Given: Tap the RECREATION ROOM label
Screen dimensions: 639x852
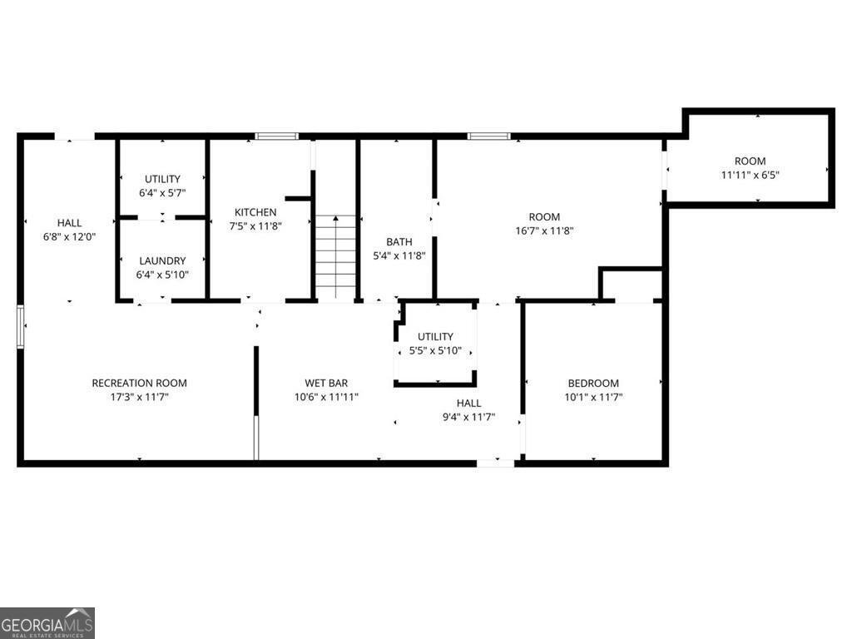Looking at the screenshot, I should (x=139, y=383).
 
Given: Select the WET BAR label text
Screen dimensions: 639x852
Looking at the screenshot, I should (x=326, y=383).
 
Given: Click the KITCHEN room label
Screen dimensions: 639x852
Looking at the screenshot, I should (x=255, y=212).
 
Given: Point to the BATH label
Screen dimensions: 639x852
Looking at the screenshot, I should (x=399, y=242).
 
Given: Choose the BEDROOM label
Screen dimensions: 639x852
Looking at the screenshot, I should (x=593, y=384).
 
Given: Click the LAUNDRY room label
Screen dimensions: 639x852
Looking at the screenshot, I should (x=162, y=260).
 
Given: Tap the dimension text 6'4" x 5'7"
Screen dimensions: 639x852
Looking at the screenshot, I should (x=162, y=193).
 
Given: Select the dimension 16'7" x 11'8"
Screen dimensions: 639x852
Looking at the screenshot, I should (x=545, y=231).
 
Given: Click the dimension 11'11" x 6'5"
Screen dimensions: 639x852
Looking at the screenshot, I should (x=750, y=175).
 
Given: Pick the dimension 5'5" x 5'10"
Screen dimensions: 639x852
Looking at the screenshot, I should (x=436, y=350).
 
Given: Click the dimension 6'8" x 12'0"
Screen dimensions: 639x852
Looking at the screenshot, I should (x=69, y=236).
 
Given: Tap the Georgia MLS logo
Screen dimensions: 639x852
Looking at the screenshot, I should (x=47, y=622).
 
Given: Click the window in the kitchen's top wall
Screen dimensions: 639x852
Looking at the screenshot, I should (x=276, y=136).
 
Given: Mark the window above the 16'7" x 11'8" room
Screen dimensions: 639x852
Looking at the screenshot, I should (x=488, y=136).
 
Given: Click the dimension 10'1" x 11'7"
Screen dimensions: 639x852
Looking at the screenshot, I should (x=593, y=398).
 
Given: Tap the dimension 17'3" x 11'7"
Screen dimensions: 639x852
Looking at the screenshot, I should (x=139, y=397).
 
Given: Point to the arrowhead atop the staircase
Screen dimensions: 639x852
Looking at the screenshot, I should (x=335, y=219).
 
